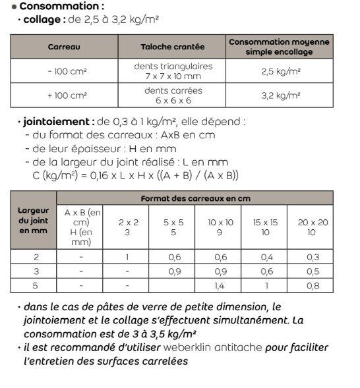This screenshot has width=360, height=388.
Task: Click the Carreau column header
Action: click(x=64, y=47)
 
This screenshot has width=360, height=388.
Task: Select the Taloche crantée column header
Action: click(x=172, y=47)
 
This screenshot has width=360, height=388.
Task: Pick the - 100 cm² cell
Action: click(x=64, y=71)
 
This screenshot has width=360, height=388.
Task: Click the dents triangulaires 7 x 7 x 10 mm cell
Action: click(x=173, y=71)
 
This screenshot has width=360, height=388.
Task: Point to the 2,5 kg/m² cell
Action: click(x=280, y=71)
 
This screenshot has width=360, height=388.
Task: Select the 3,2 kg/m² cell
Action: click(x=280, y=96)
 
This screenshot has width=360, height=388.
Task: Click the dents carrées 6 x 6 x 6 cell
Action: click(x=173, y=96)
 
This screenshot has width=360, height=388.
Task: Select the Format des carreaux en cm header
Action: click(x=196, y=198)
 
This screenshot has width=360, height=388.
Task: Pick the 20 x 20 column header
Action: click(x=312, y=227)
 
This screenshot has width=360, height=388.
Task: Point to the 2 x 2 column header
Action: click(x=127, y=227)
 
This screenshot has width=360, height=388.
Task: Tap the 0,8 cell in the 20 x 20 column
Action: click(x=312, y=285)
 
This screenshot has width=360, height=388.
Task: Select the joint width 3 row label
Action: click(x=33, y=271)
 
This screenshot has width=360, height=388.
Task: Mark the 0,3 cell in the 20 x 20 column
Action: click(x=312, y=257)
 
